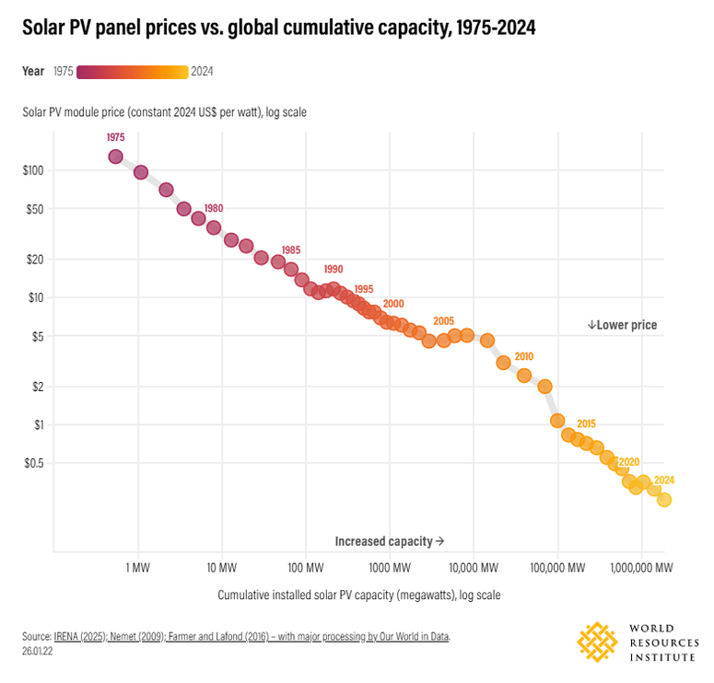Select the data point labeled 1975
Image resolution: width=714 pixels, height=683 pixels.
[115, 156]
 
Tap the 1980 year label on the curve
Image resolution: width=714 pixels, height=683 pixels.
[214, 208]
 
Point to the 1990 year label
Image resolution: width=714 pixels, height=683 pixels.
[333, 270]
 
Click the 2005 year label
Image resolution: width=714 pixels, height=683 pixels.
[443, 321]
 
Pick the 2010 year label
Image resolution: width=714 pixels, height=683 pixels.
[523, 356]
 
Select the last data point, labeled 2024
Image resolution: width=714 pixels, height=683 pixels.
[664, 500]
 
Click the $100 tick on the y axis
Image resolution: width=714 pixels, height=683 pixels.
[32, 170]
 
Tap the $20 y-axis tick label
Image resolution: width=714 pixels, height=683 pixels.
[35, 259]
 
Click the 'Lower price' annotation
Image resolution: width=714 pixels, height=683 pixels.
[623, 325]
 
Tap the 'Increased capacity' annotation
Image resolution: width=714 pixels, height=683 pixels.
[390, 541]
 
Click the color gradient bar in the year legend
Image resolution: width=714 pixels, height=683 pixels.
[133, 72]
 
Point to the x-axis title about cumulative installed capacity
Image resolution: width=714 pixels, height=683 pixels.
[358, 596]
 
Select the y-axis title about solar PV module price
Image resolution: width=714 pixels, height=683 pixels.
[165, 112]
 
